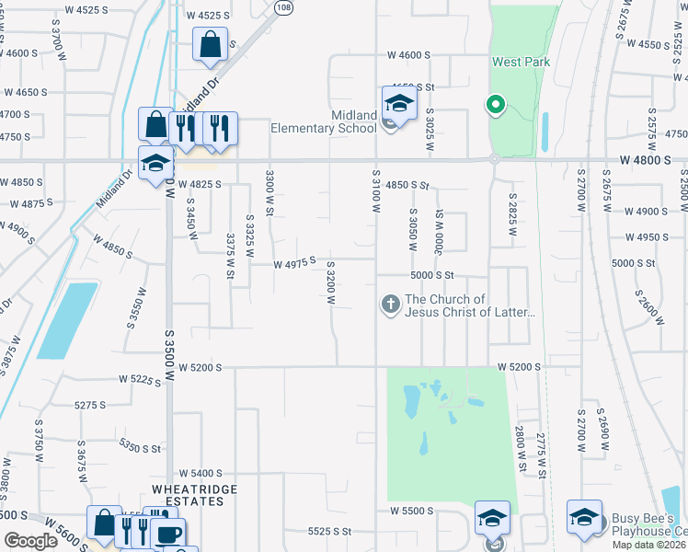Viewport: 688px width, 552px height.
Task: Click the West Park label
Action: tap(521, 62)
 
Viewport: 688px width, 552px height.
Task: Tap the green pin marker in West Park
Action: tap(496, 105)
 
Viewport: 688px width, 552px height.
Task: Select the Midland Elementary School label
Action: tap(323, 121)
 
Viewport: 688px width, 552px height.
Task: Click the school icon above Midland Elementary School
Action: tap(399, 102)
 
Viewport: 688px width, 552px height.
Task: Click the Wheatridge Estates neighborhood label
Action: tap(189, 495)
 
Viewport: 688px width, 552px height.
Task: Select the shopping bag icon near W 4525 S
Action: tap(210, 43)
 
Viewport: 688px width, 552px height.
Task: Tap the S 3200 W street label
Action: tap(329, 282)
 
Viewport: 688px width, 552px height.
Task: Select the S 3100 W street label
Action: tap(376, 191)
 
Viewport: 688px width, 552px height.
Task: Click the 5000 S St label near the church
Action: tap(432, 275)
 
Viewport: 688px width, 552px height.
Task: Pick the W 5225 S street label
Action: tap(141, 378)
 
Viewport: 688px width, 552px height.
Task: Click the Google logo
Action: tap(30, 541)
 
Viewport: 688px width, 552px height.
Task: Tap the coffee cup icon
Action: tap(168, 534)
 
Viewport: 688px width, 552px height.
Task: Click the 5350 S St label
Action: tap(140, 448)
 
